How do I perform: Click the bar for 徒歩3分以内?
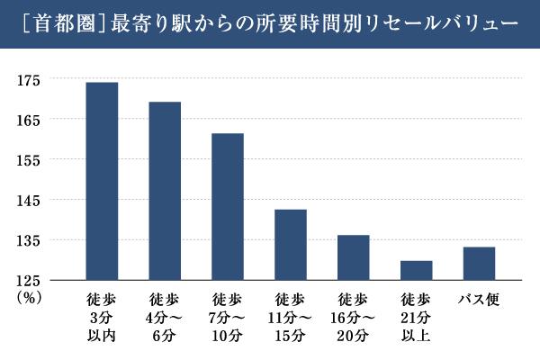click(102, 181)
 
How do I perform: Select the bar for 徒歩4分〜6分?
click(165, 191)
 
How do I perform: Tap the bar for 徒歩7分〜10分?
click(228, 206)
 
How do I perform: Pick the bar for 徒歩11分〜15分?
click(291, 244)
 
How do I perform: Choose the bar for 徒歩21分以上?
click(416, 270)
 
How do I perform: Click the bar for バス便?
click(479, 263)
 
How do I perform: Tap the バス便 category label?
click(479, 298)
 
